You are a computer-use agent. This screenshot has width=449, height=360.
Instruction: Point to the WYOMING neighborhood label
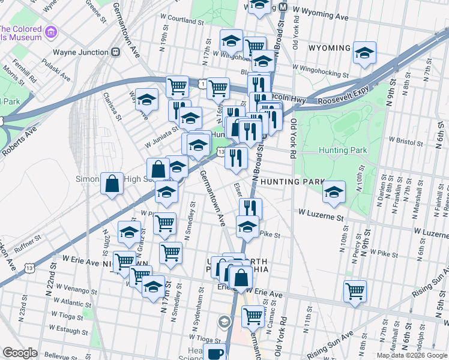click(330, 48)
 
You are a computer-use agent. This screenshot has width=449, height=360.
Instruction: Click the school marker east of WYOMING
click(364, 53)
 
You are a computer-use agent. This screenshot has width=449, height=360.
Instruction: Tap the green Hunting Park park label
click(338, 150)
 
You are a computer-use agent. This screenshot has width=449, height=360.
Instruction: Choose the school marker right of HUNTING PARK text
click(334, 192)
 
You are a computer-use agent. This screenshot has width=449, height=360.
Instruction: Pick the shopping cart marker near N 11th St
click(355, 292)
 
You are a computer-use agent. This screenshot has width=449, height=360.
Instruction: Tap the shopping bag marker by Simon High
click(112, 184)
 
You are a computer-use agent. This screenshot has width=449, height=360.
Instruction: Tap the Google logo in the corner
click(20, 353)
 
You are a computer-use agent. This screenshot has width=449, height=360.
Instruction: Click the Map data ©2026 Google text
click(411, 355)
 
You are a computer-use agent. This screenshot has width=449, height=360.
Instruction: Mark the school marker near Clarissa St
click(146, 100)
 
